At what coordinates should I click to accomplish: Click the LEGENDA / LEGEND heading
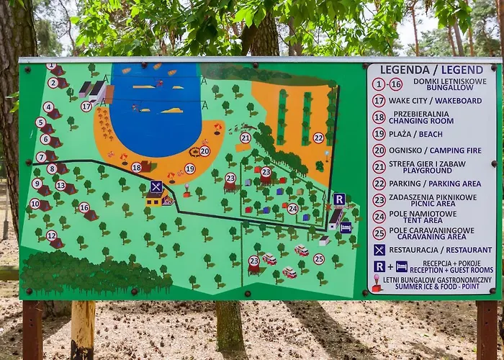pyautogui.click(x=431, y=70)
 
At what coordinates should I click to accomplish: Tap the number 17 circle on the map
pyautogui.click(x=86, y=107)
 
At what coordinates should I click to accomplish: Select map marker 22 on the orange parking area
pyautogui.click(x=318, y=138)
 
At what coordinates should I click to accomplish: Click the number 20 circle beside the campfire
pyautogui.click(x=204, y=151)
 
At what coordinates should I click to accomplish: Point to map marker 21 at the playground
pyautogui.click(x=246, y=138)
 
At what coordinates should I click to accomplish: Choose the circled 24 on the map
pyautogui.click(x=292, y=209)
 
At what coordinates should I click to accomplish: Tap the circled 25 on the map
pyautogui.click(x=318, y=258)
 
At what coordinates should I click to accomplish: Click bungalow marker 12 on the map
pyautogui.click(x=52, y=235)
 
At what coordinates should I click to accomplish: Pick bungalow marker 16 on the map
pyautogui.click(x=84, y=207)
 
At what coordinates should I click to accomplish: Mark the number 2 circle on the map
pyautogui.click(x=53, y=83)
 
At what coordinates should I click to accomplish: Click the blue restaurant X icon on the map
pyautogui.click(x=156, y=186)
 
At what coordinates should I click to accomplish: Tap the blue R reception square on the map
pyautogui.click(x=339, y=199)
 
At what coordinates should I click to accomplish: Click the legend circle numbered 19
pyautogui.click(x=379, y=133)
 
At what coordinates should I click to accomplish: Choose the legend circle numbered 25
pyautogui.click(x=379, y=233)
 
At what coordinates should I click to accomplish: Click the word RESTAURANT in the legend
pyautogui.click(x=464, y=250)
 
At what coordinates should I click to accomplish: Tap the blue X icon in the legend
pyautogui.click(x=379, y=250)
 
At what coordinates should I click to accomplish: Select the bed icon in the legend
pyautogui.click(x=401, y=266)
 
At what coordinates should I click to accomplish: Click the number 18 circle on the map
pyautogui.click(x=136, y=168)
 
